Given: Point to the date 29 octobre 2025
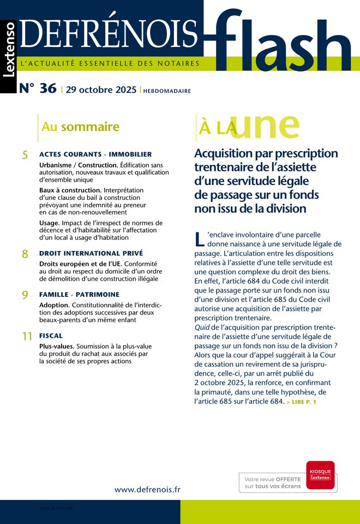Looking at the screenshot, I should click(x=101, y=90).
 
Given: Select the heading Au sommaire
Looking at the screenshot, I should click(x=80, y=127).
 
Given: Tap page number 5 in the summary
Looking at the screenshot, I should click(x=25, y=156).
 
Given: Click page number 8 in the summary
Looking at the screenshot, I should click(x=25, y=254).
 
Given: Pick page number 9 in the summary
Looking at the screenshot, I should click(x=25, y=295).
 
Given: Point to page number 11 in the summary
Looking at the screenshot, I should click(x=27, y=337).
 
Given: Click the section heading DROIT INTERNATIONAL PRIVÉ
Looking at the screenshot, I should click(x=91, y=253).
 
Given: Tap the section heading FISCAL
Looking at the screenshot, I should click(x=51, y=336).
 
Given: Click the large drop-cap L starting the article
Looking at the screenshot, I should click(x=199, y=239).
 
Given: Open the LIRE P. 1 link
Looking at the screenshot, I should click(x=301, y=402).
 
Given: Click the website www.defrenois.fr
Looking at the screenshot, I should click(x=147, y=490).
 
